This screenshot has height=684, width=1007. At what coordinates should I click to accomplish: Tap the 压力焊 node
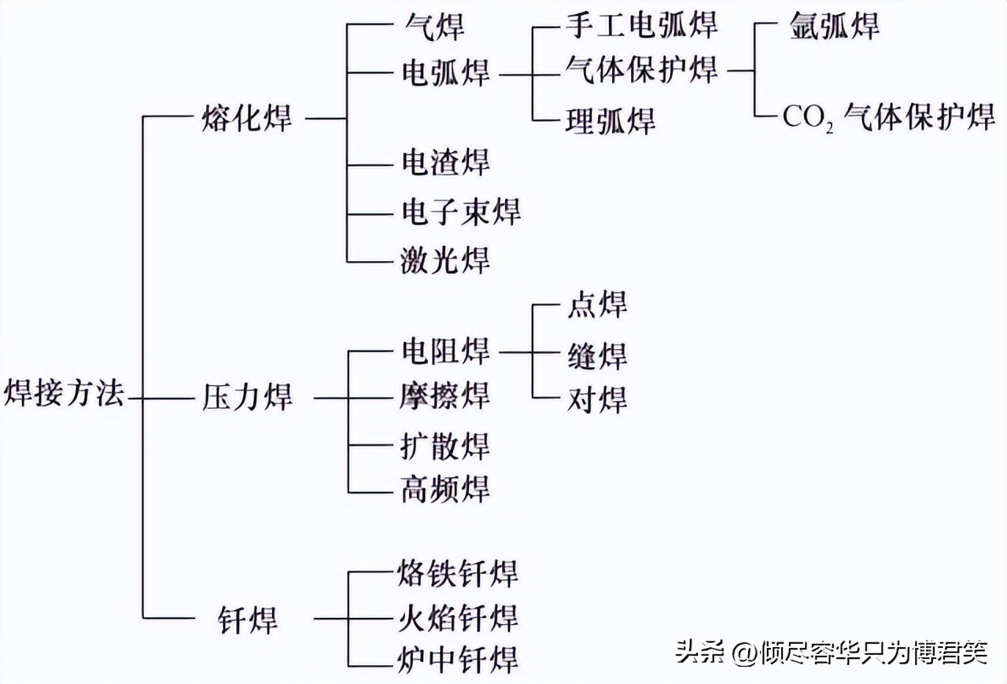[x=247, y=397]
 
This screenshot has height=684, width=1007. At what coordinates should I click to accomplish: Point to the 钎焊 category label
[x=247, y=620]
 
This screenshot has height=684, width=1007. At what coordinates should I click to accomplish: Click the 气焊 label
[x=432, y=27]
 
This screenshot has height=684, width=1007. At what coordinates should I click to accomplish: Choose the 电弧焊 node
[x=445, y=72]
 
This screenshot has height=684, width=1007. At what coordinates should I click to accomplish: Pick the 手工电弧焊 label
[x=641, y=25]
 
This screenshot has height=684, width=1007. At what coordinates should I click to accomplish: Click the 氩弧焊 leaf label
[x=834, y=26]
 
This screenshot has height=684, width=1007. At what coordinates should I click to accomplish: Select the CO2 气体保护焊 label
[x=888, y=118]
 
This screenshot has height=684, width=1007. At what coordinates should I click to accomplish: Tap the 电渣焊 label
[x=445, y=163]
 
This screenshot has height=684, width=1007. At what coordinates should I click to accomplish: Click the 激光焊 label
[x=445, y=259]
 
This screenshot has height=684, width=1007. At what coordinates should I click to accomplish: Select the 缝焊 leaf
[x=596, y=356]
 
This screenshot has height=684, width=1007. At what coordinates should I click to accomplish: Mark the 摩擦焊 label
[x=445, y=395]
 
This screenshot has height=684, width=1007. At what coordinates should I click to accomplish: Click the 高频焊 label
[x=445, y=490]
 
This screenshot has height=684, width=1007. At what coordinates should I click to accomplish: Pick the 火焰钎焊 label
[x=459, y=618]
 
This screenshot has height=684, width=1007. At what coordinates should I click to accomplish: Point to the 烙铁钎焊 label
[x=459, y=573]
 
